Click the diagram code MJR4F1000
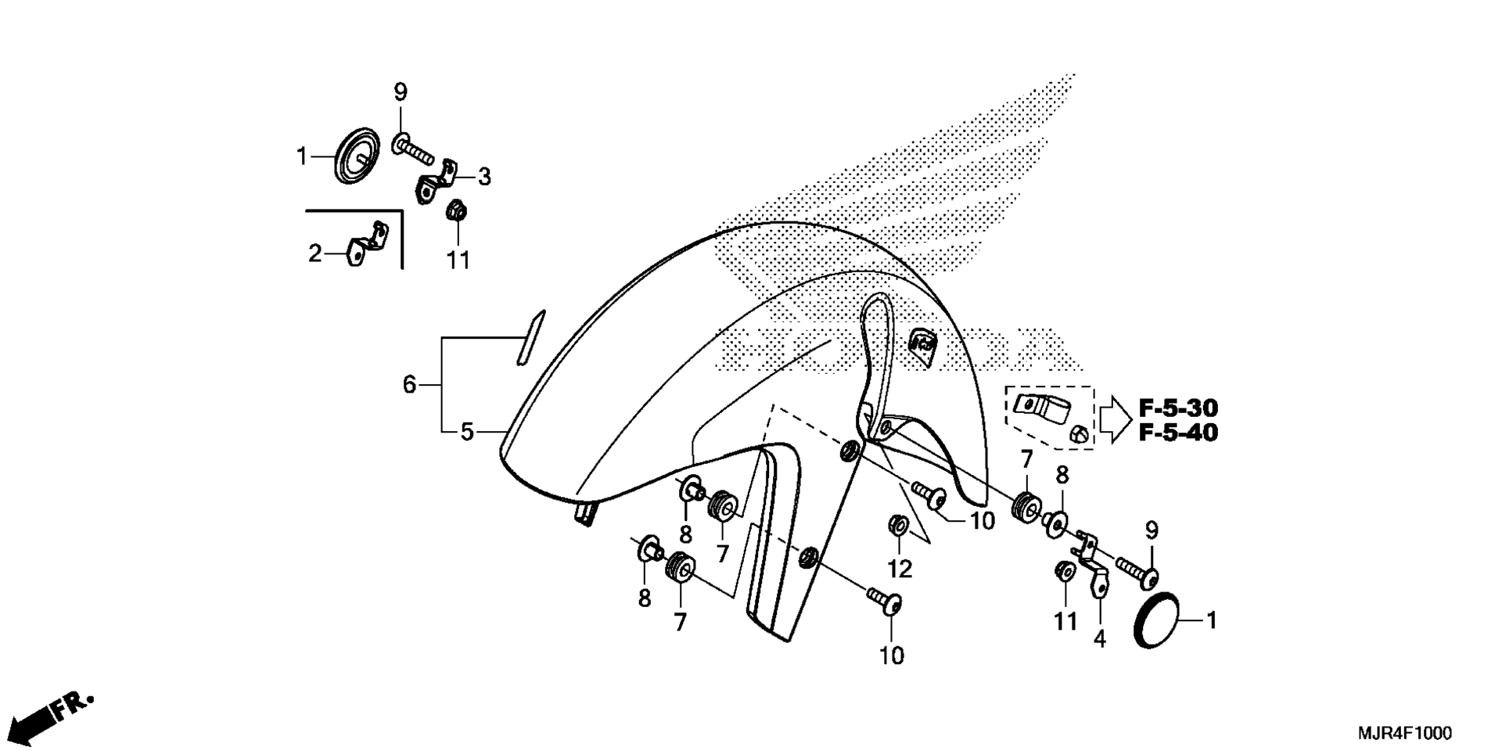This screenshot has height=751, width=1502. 1404,733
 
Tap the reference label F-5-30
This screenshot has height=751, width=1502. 1178,408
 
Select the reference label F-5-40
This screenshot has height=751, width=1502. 1178,433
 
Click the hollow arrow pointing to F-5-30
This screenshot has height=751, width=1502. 1115,419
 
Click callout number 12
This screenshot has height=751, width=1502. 900,569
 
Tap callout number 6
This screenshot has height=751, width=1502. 408,384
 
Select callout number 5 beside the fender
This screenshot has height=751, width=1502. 467,432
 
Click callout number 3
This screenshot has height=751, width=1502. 484,177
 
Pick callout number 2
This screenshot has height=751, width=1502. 314,253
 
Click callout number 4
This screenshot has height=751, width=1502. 1100,639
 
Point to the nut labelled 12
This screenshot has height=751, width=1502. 898,525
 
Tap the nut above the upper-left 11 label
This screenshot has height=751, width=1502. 455,210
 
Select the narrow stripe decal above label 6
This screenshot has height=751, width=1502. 530,337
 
